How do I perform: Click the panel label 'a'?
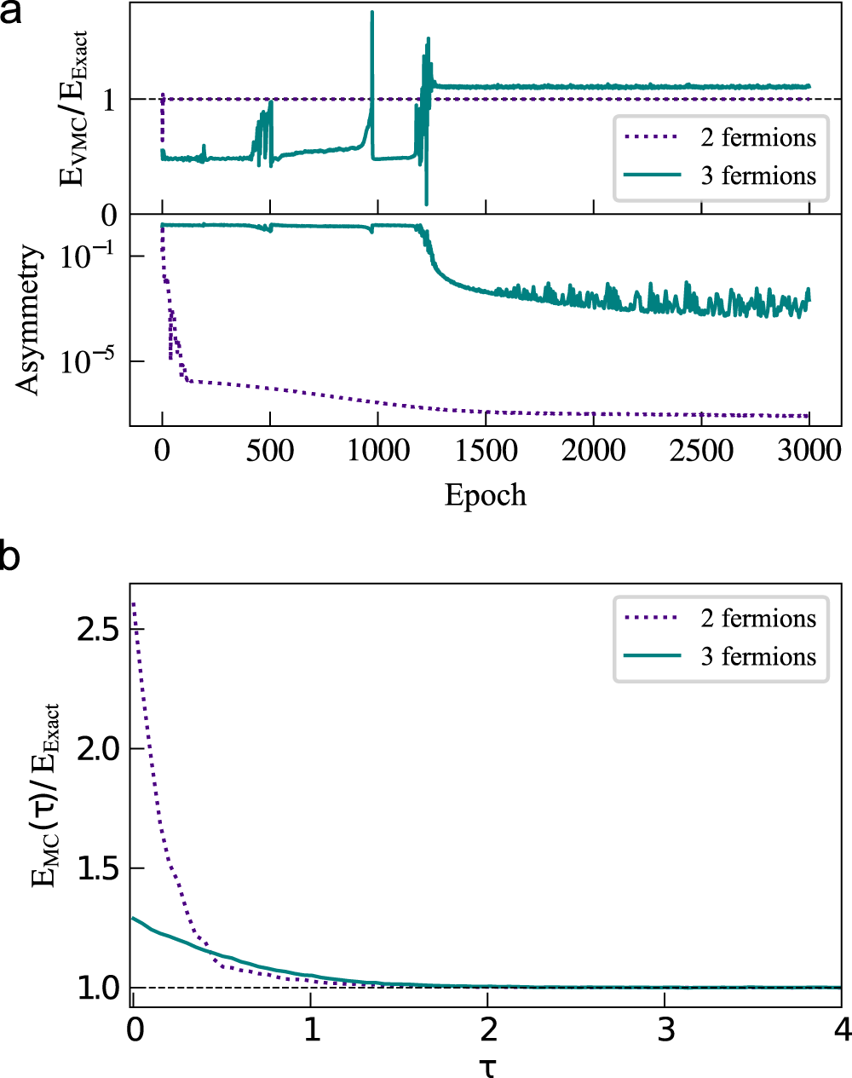pyautogui.click(x=11, y=14)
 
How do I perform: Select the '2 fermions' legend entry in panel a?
pyautogui.click(x=757, y=137)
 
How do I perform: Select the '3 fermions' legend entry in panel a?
pyautogui.click(x=757, y=176)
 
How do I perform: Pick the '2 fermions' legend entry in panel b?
pyautogui.click(x=757, y=618)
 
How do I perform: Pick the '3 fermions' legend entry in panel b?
pyautogui.click(x=757, y=656)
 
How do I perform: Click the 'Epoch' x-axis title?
pyautogui.click(x=485, y=495)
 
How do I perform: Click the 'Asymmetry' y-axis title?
pyautogui.click(x=28, y=320)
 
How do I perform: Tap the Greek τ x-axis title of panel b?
pyautogui.click(x=486, y=1066)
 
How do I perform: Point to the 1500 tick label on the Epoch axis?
pyautogui.click(x=486, y=451)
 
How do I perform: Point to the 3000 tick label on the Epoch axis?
pyautogui.click(x=809, y=451)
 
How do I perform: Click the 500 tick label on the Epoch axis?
pyautogui.click(x=270, y=451)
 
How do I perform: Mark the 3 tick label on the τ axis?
pyautogui.click(x=665, y=1030)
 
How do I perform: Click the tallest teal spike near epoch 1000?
pyautogui.click(x=372, y=13)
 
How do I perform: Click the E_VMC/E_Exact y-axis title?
pyautogui.click(x=72, y=108)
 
